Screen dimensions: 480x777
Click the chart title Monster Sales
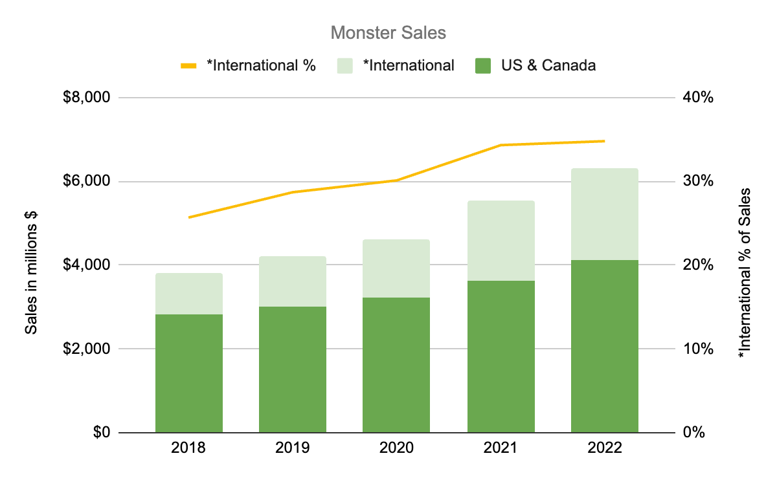click(x=388, y=33)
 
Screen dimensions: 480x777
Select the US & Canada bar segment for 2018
click(x=189, y=373)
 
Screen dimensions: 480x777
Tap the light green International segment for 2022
click(x=604, y=214)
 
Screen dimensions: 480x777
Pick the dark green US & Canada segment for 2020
click(x=396, y=365)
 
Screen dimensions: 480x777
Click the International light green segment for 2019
click(x=293, y=281)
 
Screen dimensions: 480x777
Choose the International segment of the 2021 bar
click(x=501, y=241)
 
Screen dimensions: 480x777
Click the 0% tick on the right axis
click(x=692, y=433)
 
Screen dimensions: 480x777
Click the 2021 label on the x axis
click(x=501, y=448)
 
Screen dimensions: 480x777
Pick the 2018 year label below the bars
click(x=189, y=448)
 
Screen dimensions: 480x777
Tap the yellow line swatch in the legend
click(x=188, y=65)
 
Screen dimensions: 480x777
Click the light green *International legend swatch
click(x=345, y=65)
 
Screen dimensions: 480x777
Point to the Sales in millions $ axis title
click(x=31, y=265)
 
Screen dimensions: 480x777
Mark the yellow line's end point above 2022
click(x=604, y=141)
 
